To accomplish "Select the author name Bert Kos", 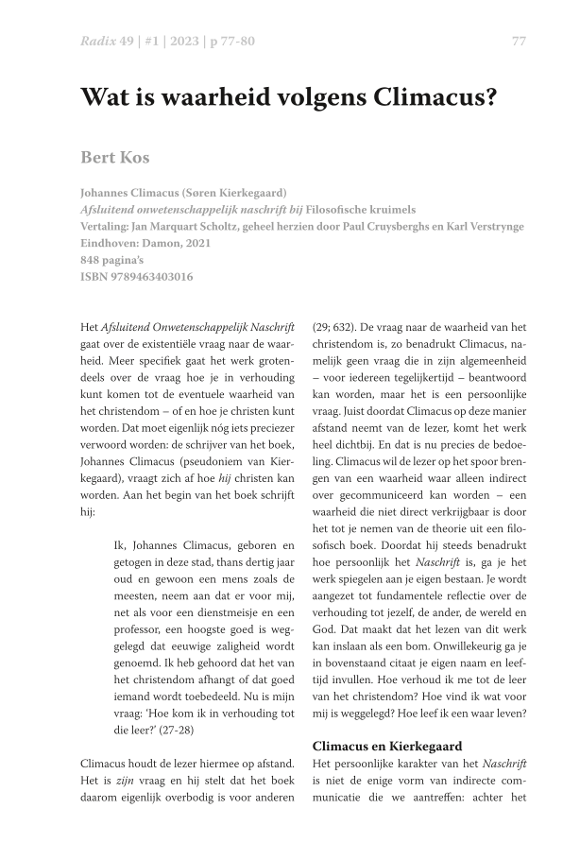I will [x=114, y=156].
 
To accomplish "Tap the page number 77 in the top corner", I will [x=519, y=42].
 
